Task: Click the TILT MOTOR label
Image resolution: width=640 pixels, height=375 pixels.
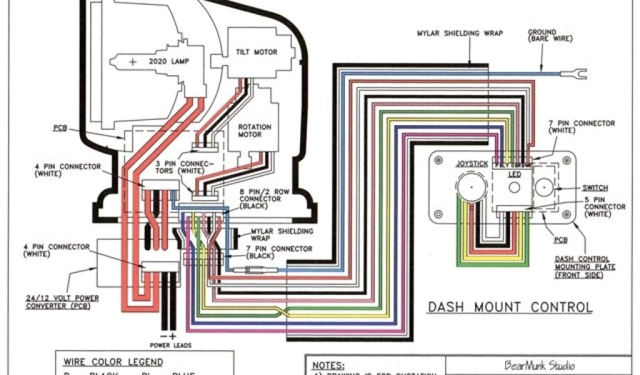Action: [x=256, y=52]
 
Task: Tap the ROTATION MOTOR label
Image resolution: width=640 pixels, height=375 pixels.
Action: [x=255, y=131]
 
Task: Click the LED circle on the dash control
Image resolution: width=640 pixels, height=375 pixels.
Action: [x=514, y=187]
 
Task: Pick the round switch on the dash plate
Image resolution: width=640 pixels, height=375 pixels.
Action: [x=545, y=187]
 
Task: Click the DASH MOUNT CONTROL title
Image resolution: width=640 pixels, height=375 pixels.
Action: [x=510, y=307]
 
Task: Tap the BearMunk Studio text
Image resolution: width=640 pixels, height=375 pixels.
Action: [x=539, y=366]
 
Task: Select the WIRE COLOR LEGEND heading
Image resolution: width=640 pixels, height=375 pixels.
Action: [x=113, y=362]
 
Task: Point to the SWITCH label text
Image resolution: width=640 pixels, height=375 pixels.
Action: [x=594, y=187]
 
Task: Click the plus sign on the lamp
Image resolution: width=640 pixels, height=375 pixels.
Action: [x=133, y=62]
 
